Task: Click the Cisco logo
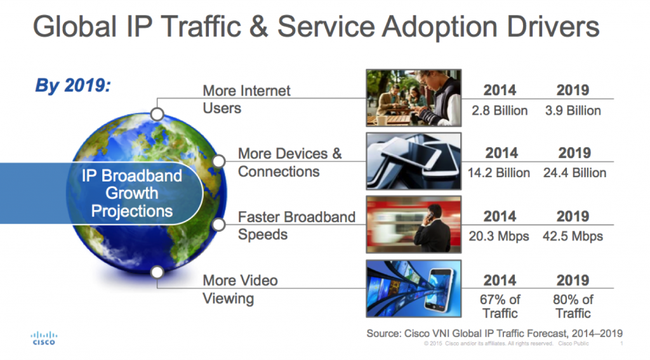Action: (44, 338)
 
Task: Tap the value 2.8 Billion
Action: (500, 110)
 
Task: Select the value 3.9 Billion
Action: (573, 110)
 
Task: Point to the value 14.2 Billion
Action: (499, 173)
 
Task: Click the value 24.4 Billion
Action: (574, 173)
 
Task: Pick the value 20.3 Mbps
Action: (499, 236)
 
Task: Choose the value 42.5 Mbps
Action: (573, 236)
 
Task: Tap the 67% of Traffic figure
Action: (500, 307)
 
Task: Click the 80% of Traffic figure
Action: (573, 307)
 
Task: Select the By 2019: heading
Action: (73, 86)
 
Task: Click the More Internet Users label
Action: (246, 100)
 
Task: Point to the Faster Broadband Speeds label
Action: (296, 225)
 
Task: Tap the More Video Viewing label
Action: (240, 290)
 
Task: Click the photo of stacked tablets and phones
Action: (414, 161)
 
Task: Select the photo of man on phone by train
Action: (414, 225)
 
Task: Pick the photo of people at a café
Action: (414, 98)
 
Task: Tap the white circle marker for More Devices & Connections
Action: (219, 161)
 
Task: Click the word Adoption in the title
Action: (440, 27)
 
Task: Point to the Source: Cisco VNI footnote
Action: (494, 333)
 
